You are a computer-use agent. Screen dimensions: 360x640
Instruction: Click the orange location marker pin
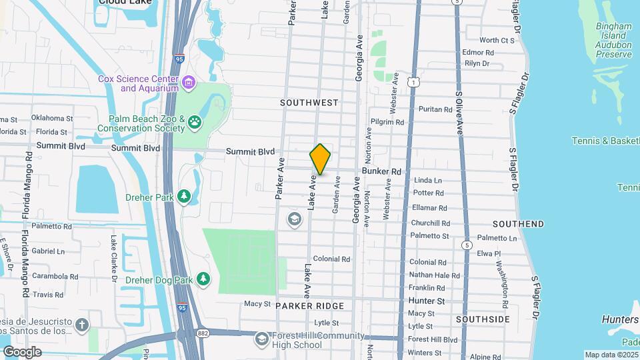[320, 159]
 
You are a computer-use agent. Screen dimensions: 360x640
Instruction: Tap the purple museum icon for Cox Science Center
[189, 83]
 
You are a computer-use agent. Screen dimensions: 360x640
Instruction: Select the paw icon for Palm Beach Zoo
[195, 121]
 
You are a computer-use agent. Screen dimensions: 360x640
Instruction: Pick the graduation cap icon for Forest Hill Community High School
[261, 340]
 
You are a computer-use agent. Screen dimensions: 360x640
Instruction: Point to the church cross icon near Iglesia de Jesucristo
[81, 325]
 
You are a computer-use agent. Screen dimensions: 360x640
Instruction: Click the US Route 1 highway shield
[414, 82]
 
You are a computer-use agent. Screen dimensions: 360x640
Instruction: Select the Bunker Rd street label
[382, 171]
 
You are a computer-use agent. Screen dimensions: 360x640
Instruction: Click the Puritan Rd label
[435, 109]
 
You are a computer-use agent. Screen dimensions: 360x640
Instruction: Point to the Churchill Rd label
[430, 223]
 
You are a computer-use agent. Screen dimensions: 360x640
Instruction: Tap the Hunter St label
[426, 301]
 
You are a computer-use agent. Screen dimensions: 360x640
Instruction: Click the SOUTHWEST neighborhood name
[309, 103]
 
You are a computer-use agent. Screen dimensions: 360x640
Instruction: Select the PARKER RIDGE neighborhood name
[309, 305]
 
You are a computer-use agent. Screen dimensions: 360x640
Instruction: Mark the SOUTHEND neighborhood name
[518, 224]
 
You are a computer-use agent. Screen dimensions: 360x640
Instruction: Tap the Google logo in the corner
[22, 351]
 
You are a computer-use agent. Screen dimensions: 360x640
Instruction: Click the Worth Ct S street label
[497, 40]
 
